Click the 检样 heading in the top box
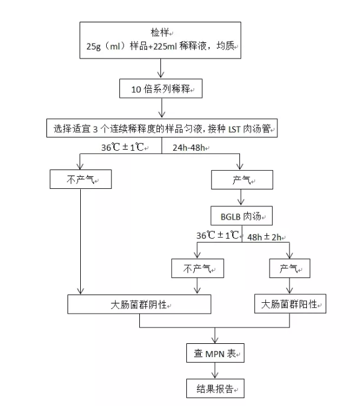pos(160,33)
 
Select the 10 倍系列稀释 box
pos(161,89)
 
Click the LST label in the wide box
pos(234,129)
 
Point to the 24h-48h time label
pos(189,148)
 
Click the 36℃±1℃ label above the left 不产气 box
pos(122,147)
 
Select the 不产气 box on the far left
pos(80,179)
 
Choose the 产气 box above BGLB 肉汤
pos(242,180)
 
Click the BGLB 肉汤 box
pos(241,216)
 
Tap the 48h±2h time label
pos(264,237)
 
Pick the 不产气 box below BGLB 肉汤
pos(197,268)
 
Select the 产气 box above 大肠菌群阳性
pos(289,268)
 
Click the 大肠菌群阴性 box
pos(139,304)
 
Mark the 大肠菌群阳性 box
pos(290,303)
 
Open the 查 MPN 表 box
pos(215,353)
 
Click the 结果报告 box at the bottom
pos(215,389)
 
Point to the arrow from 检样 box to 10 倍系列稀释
pos(161,68)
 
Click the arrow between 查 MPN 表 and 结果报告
pos(215,370)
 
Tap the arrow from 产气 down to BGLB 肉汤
pos(241,197)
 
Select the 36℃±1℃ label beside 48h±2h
pos(218,235)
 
